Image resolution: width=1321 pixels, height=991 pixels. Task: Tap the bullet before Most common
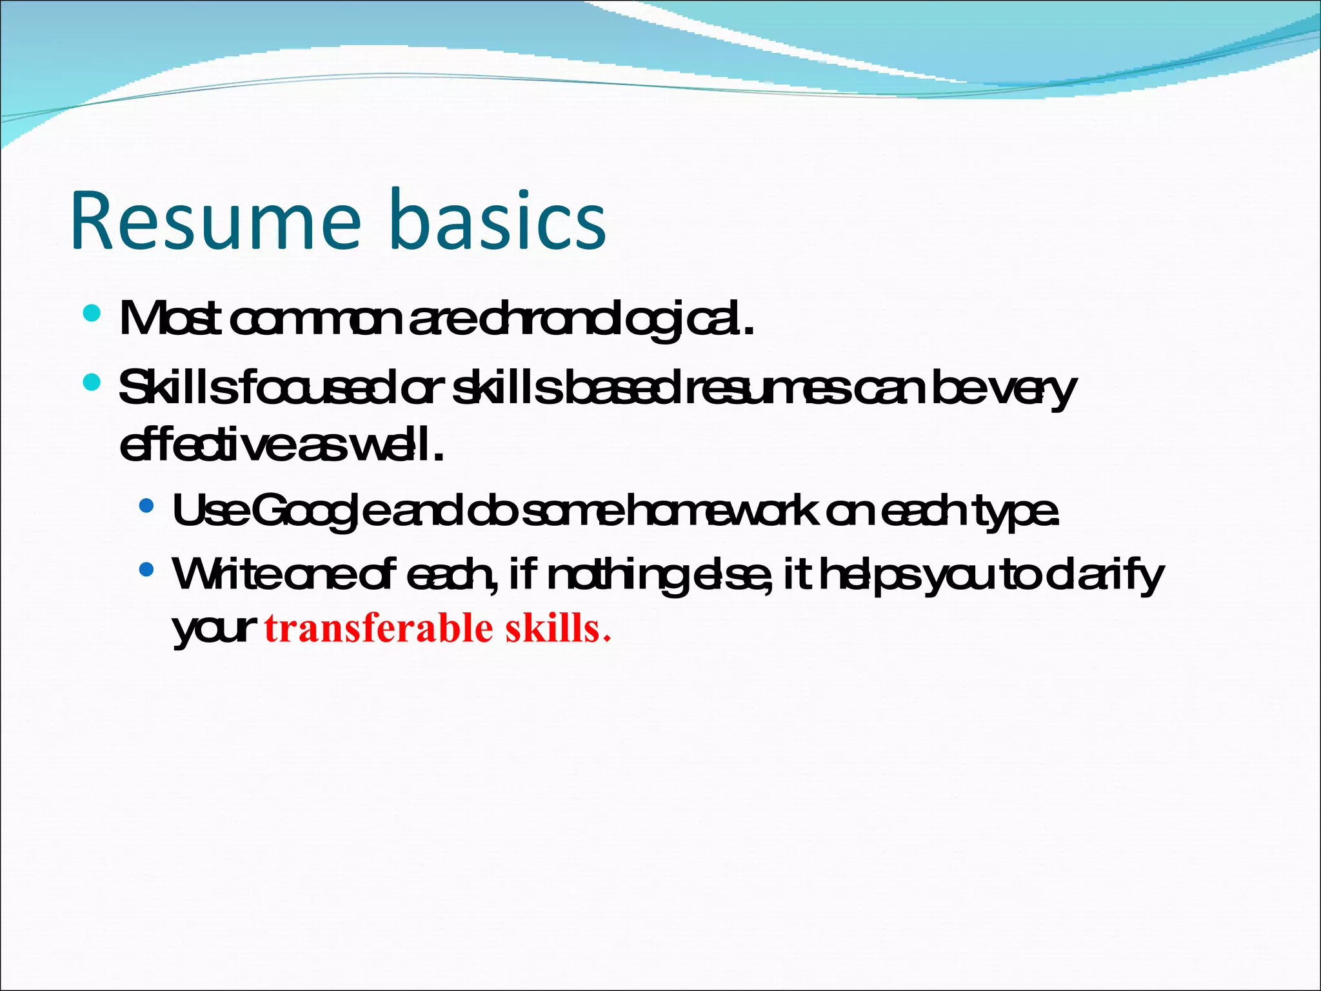pyautogui.click(x=92, y=314)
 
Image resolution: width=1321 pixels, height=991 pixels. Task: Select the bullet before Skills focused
pyautogui.click(x=92, y=383)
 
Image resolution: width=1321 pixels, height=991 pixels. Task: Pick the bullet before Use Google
pyautogui.click(x=146, y=505)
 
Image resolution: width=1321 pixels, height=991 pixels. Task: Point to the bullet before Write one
pyautogui.click(x=146, y=570)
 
